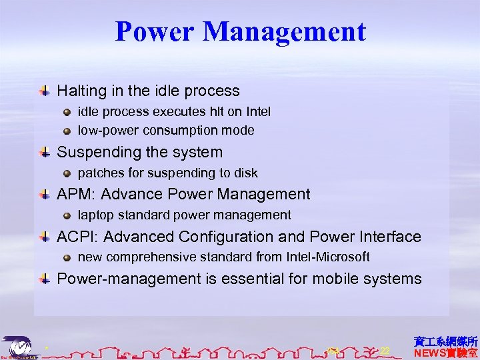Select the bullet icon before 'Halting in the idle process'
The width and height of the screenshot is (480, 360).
click(45, 91)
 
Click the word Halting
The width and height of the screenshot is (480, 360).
click(79, 91)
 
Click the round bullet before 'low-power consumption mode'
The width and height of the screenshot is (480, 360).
click(67, 131)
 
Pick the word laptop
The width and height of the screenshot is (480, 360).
click(96, 215)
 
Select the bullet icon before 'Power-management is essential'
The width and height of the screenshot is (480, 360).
click(45, 279)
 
